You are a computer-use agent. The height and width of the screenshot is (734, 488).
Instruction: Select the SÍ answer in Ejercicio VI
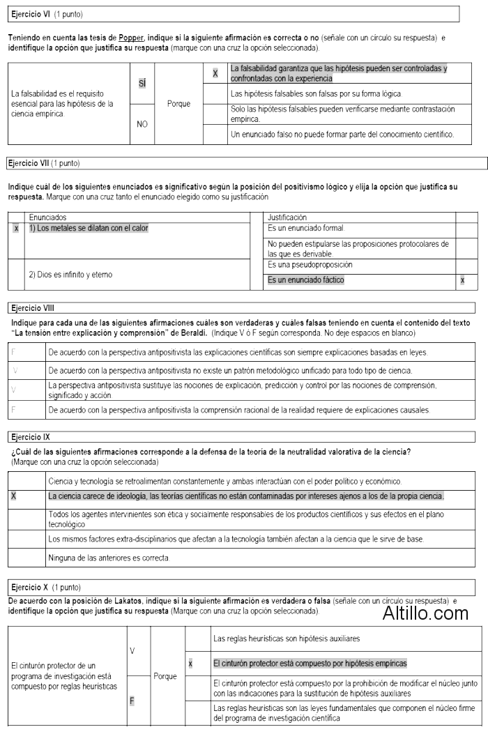click(142, 82)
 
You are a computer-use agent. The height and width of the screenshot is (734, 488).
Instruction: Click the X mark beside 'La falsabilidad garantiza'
click(215, 72)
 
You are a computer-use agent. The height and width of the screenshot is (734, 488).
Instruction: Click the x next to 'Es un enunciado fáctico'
click(463, 280)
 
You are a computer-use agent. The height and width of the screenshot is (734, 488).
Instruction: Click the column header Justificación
click(287, 217)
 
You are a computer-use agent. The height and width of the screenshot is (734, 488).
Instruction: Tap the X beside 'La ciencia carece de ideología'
click(14, 496)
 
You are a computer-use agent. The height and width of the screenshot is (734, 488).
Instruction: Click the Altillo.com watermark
click(425, 613)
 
